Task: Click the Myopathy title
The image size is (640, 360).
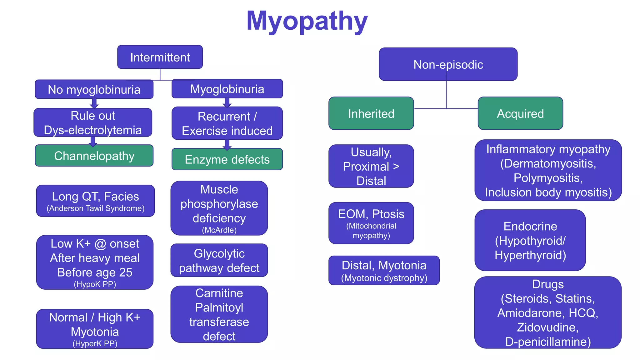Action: click(x=307, y=21)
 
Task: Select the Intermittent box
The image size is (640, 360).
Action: click(x=160, y=57)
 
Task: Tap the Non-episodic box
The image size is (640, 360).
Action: click(x=448, y=65)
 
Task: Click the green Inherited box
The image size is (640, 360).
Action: click(x=371, y=113)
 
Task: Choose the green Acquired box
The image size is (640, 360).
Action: click(x=520, y=113)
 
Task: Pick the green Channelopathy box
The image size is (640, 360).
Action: click(x=94, y=156)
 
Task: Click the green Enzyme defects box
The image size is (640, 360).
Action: click(x=227, y=159)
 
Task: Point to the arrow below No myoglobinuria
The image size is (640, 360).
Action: click(x=94, y=103)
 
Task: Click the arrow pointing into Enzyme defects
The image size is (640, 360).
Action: click(x=227, y=145)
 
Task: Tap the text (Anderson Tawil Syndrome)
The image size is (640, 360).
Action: click(x=96, y=208)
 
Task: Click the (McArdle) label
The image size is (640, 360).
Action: click(x=219, y=230)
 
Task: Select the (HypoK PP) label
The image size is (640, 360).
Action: click(x=95, y=284)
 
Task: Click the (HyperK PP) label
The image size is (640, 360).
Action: click(x=95, y=343)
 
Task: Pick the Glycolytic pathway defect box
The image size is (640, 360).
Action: click(x=219, y=260)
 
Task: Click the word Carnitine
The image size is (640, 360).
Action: click(x=219, y=293)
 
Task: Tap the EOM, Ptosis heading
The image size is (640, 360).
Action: click(x=371, y=214)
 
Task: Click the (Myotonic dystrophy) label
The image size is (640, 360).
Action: click(x=384, y=278)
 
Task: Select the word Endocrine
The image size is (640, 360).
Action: click(x=530, y=226)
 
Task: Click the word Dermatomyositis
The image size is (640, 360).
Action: click(x=548, y=163)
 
